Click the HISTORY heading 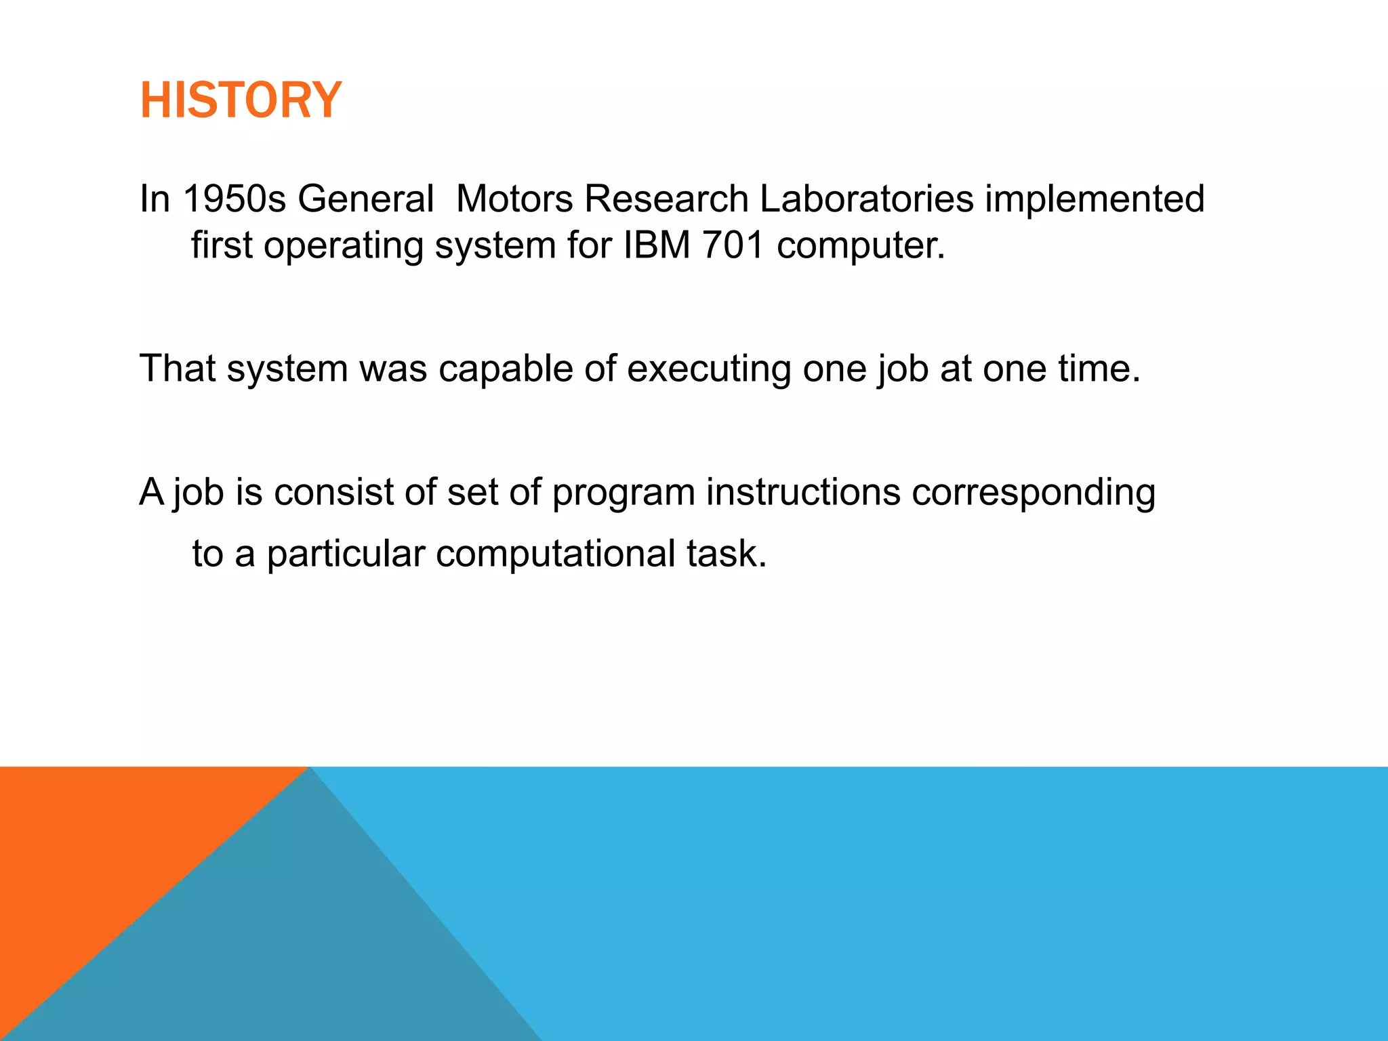click(x=241, y=100)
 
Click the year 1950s click(x=234, y=199)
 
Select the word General click(x=365, y=199)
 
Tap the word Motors click(x=514, y=199)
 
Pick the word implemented click(x=1094, y=199)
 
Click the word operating click(x=343, y=246)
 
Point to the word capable click(x=505, y=369)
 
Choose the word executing click(x=708, y=369)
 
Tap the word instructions click(x=803, y=492)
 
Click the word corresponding click(x=1033, y=493)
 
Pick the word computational click(x=555, y=554)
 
